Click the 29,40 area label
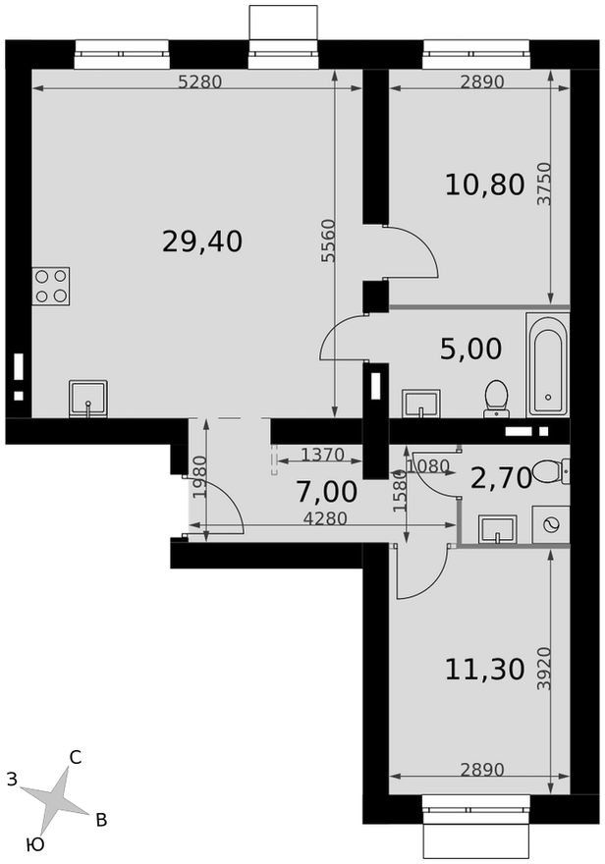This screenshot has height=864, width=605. (202, 242)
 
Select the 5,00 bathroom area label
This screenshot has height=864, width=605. (471, 349)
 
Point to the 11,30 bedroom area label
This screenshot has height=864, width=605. (484, 670)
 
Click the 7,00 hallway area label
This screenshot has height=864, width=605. (327, 492)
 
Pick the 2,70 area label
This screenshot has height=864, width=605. (501, 478)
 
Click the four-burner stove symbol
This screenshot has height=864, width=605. (51, 286)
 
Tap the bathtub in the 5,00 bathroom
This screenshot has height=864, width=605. (548, 365)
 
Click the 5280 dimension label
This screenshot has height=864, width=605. (200, 82)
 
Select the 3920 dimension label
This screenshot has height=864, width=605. (544, 669)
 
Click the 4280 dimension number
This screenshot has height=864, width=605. (325, 518)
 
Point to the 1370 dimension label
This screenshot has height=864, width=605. (323, 455)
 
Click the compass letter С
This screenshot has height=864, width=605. (76, 758)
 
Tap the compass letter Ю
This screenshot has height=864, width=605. (34, 844)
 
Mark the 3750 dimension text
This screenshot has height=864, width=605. (544, 184)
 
